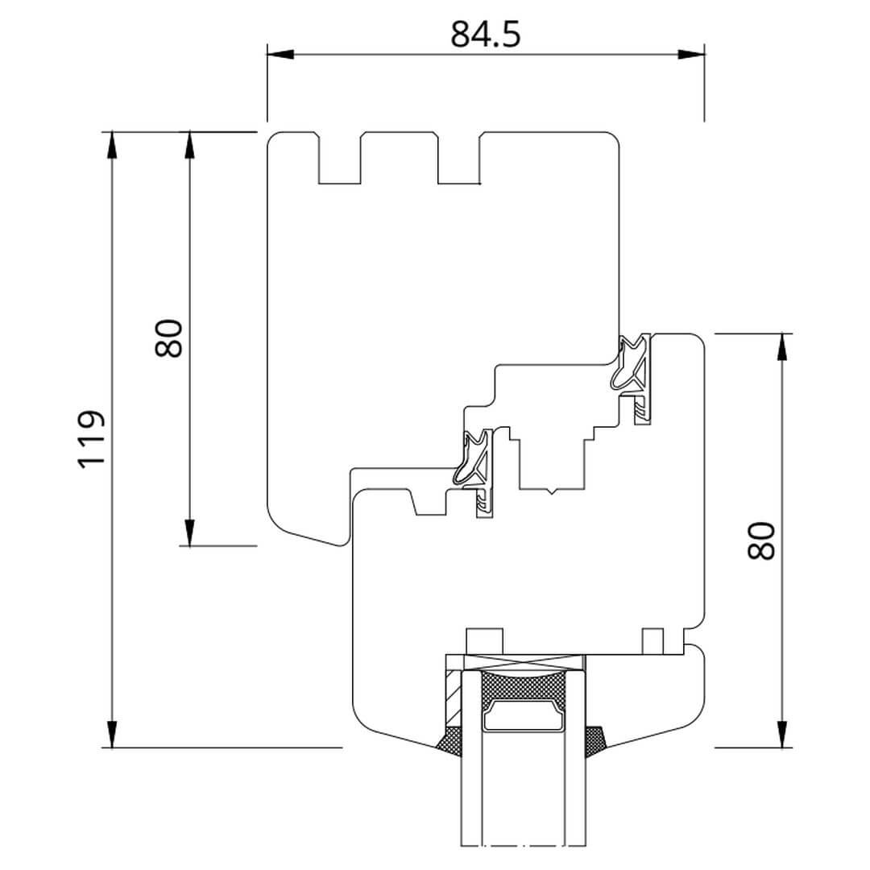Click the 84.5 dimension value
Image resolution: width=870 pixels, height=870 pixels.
(486, 34)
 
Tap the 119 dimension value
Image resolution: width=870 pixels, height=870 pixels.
(90, 440)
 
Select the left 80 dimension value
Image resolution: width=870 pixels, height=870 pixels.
(168, 338)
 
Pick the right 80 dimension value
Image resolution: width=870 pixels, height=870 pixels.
(760, 541)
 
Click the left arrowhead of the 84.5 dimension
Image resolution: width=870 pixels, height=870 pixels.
(280, 55)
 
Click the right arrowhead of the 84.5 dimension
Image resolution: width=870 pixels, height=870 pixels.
(691, 55)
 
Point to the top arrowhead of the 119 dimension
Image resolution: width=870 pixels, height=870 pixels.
(112, 145)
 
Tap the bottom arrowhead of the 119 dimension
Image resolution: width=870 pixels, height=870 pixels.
(112, 734)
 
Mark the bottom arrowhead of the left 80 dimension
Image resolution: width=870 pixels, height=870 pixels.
(190, 532)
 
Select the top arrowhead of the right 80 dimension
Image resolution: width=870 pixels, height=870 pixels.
(782, 347)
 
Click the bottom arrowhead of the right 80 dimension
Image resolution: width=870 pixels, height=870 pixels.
(782, 734)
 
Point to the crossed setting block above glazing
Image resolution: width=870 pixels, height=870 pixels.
(524, 662)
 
